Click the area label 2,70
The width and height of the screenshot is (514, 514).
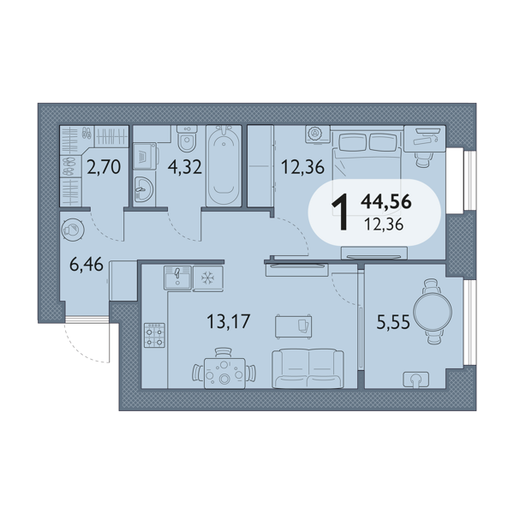point(104,167)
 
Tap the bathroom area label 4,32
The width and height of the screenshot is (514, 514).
point(184,167)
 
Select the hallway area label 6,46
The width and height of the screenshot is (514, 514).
point(87,264)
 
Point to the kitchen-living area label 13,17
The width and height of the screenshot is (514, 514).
point(229,321)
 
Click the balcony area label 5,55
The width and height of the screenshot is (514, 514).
point(393,321)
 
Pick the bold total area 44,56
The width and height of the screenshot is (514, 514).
point(386,201)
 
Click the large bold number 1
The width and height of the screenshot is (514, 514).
point(340,212)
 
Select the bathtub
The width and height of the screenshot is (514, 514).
point(224,165)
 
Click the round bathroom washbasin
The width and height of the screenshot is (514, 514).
point(144,188)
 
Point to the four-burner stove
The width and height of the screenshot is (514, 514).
point(154,335)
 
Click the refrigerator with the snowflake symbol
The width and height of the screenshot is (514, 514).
point(208,278)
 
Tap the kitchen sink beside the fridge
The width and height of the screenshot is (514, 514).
point(177,278)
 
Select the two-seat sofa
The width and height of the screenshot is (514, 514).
point(308,368)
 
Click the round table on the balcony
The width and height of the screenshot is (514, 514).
point(433,312)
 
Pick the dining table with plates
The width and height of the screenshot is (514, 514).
point(224,374)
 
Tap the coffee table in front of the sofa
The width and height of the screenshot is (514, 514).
point(293,326)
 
